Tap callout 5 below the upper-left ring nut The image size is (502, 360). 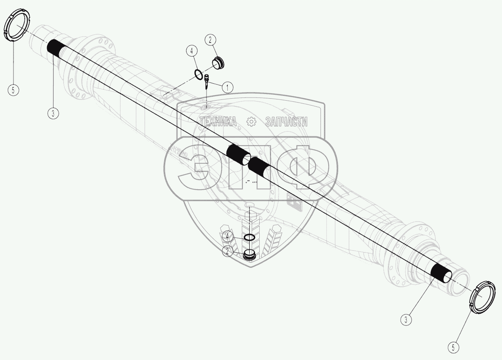(x=13, y=90)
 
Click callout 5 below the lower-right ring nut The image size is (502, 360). (x=453, y=347)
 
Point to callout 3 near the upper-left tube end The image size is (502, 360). (x=53, y=113)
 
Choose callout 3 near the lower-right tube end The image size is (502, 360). (x=405, y=319)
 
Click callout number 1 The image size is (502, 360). (x=227, y=87)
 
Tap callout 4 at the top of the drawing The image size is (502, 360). (x=191, y=50)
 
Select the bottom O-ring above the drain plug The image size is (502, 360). (x=249, y=237)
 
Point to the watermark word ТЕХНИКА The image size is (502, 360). (x=218, y=122)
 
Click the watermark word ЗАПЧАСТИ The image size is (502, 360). (x=286, y=122)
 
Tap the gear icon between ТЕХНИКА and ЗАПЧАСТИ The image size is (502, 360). (x=251, y=122)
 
